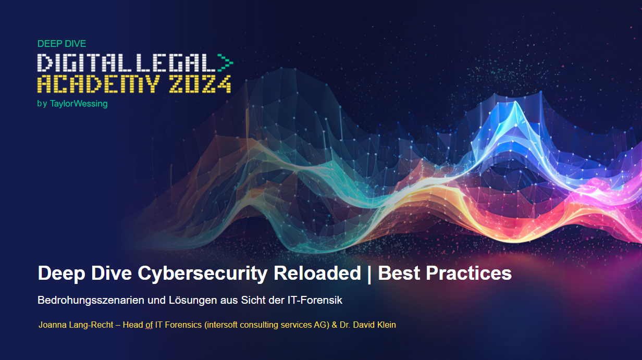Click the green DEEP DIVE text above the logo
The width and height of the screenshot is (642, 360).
coord(61,44)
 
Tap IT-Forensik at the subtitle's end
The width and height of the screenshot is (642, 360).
coord(318,301)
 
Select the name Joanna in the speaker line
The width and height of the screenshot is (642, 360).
coord(53,325)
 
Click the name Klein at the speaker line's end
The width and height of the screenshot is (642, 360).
coord(385,325)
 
